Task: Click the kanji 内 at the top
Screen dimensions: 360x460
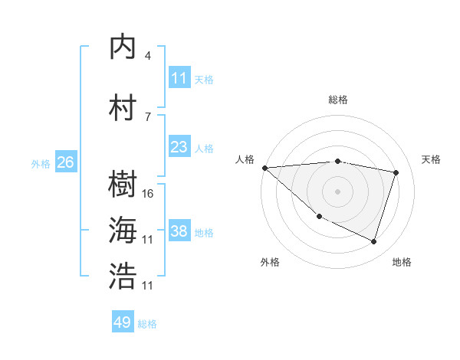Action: tap(123, 47)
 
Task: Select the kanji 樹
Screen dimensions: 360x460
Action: tap(123, 185)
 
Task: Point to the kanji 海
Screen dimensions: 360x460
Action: tap(123, 231)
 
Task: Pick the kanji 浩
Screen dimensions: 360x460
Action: tap(123, 277)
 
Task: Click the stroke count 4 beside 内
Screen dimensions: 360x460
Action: tap(148, 56)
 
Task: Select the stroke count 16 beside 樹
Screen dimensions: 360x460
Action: tap(149, 194)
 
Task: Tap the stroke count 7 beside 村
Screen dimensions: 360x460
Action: tap(148, 116)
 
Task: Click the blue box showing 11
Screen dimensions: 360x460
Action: tap(179, 78)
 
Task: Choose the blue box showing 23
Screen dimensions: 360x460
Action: tap(179, 147)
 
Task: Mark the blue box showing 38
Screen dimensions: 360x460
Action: tap(179, 231)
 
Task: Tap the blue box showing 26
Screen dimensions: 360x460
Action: tap(65, 162)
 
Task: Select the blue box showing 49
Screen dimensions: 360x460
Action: tap(123, 322)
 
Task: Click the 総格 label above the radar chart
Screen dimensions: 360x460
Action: tap(337, 100)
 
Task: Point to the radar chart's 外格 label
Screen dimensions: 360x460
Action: tap(270, 262)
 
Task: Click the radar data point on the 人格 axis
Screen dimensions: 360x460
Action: tap(264, 168)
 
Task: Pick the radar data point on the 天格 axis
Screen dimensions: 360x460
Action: tap(396, 173)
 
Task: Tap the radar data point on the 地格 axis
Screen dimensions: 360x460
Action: tap(373, 242)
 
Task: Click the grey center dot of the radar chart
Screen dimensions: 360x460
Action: tap(337, 191)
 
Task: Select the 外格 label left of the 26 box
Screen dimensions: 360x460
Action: tap(40, 163)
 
